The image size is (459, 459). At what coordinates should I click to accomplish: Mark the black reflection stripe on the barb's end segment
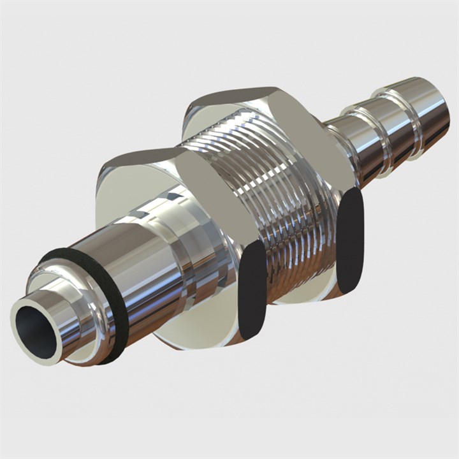436,134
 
